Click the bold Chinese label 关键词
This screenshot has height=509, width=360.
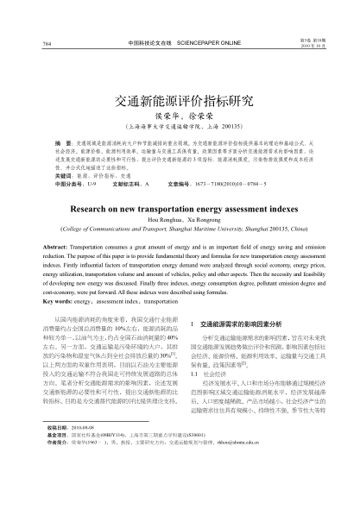pyautogui.click(x=54, y=174)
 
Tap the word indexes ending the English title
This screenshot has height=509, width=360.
pyautogui.click(x=274, y=209)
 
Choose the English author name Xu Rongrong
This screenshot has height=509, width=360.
pyautogui.click(x=203, y=221)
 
